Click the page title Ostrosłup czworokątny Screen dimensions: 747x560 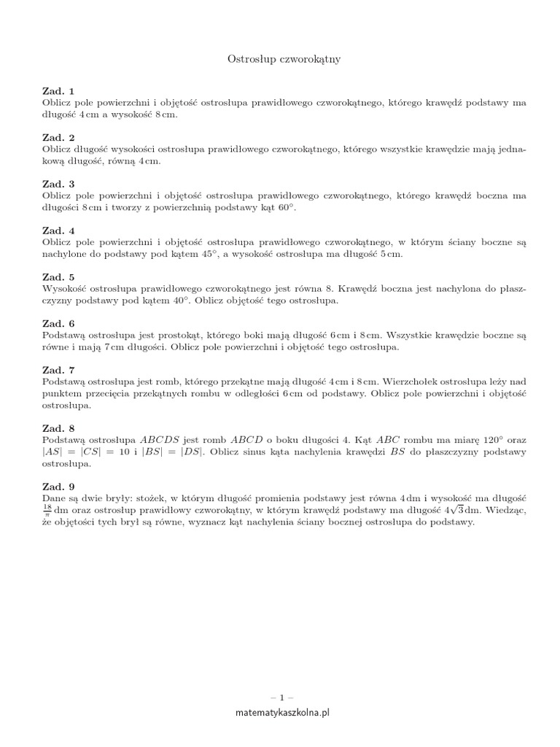click(280, 59)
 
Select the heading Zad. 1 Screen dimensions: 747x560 click(58, 91)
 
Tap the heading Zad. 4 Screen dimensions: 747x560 click(58, 230)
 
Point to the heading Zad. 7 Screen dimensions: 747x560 click(58, 371)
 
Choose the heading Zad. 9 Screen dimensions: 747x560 click(58, 486)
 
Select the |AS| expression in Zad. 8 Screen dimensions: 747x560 click(52, 452)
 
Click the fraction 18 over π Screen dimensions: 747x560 click(47, 509)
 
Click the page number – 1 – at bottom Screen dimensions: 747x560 click(280, 697)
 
